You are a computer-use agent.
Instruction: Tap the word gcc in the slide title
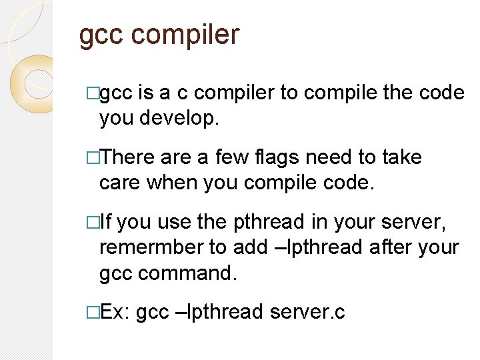(100, 35)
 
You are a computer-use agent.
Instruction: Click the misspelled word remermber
(151, 247)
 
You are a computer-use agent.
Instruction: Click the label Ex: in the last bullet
(115, 311)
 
